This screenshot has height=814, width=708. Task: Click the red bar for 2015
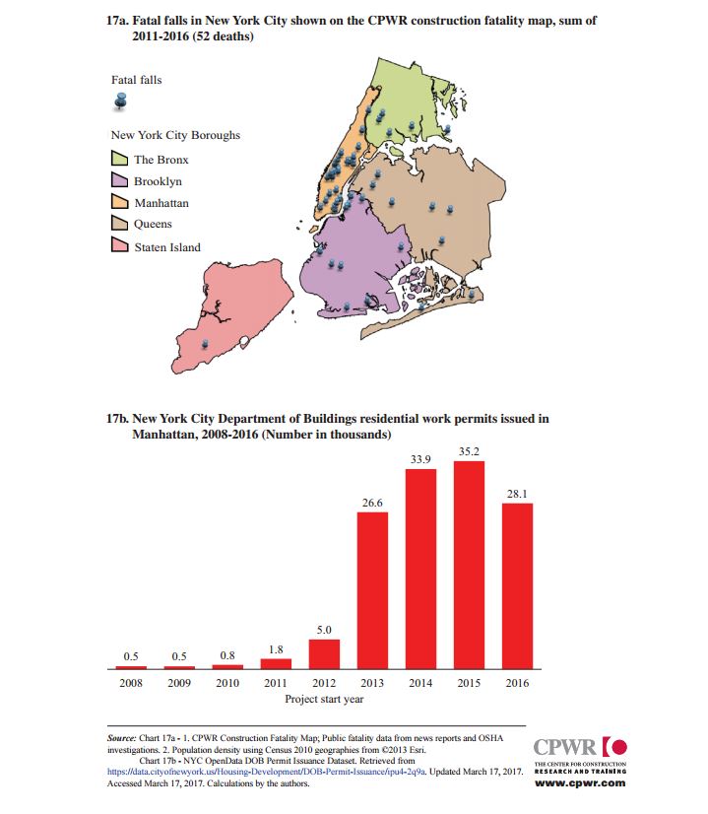[x=469, y=565]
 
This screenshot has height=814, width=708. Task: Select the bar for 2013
[x=372, y=590]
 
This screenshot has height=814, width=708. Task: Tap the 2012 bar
[x=324, y=654]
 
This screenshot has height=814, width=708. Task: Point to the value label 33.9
[x=420, y=459]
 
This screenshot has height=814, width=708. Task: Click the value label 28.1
[x=517, y=494]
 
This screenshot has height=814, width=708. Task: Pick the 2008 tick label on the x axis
[x=131, y=683]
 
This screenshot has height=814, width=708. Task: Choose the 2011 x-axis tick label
[x=276, y=683]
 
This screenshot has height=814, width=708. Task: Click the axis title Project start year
[x=324, y=700]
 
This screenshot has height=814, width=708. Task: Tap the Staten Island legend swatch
[x=120, y=245]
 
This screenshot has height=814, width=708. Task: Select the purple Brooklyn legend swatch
[x=120, y=179]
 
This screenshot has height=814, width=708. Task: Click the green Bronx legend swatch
[x=120, y=158]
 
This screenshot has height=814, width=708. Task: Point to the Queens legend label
[x=153, y=224]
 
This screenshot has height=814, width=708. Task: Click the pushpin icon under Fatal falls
[x=121, y=102]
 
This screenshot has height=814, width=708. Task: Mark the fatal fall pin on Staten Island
[x=205, y=344]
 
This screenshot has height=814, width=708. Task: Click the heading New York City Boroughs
[x=175, y=135]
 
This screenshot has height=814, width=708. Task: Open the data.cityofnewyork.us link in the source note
[x=266, y=772]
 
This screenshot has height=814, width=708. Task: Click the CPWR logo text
[x=565, y=748]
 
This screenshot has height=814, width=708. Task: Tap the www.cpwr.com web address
[x=580, y=783]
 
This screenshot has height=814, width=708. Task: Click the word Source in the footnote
[x=122, y=738]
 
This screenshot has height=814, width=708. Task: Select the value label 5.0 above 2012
[x=324, y=630]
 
